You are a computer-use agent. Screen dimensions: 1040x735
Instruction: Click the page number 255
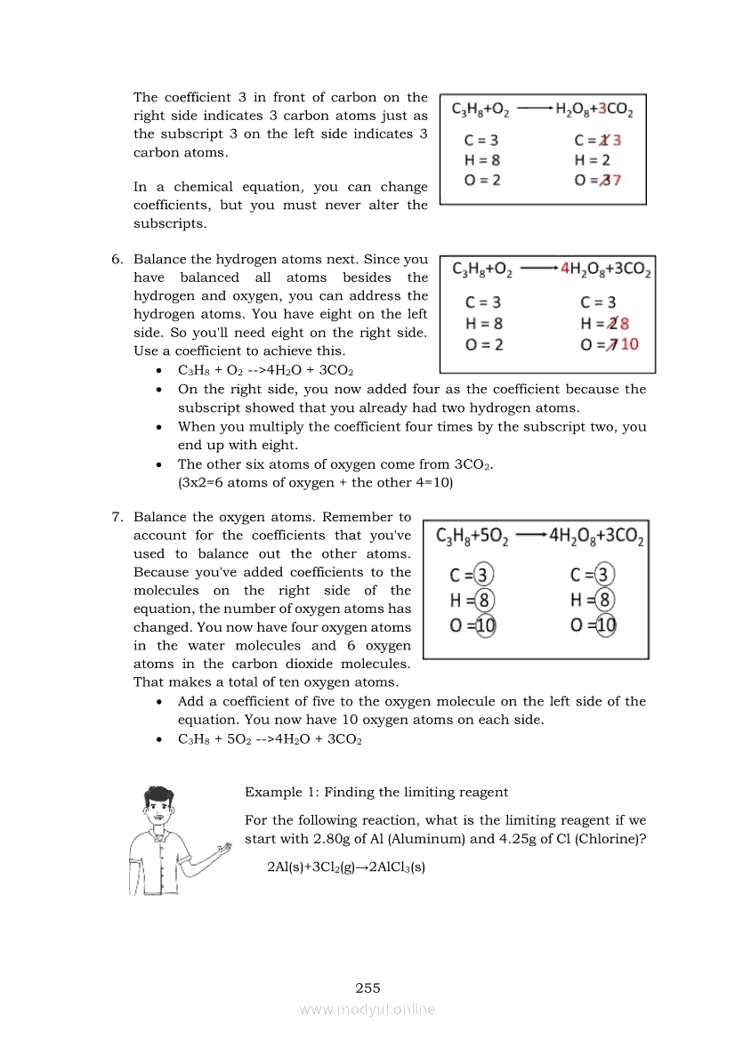coord(367,988)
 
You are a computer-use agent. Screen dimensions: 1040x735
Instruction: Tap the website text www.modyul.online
coord(367,1009)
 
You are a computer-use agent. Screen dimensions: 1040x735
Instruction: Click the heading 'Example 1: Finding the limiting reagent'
coord(376,792)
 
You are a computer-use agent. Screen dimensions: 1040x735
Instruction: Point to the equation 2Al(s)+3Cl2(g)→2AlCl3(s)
coord(346,866)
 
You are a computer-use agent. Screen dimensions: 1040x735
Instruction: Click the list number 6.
coord(117,260)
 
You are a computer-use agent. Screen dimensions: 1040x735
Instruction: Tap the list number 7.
coord(117,517)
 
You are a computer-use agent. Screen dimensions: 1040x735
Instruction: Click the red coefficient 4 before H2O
coord(564,269)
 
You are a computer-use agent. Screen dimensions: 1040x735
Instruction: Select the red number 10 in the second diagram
coord(629,344)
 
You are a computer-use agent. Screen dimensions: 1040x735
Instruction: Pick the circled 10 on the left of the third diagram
coord(484,625)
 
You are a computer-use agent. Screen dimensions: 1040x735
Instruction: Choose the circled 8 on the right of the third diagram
coord(604,600)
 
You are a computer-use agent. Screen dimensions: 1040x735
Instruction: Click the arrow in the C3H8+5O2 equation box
coord(530,536)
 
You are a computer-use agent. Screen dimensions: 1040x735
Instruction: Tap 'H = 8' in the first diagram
coord(481,160)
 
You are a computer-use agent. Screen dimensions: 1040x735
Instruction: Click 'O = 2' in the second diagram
coord(483,344)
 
